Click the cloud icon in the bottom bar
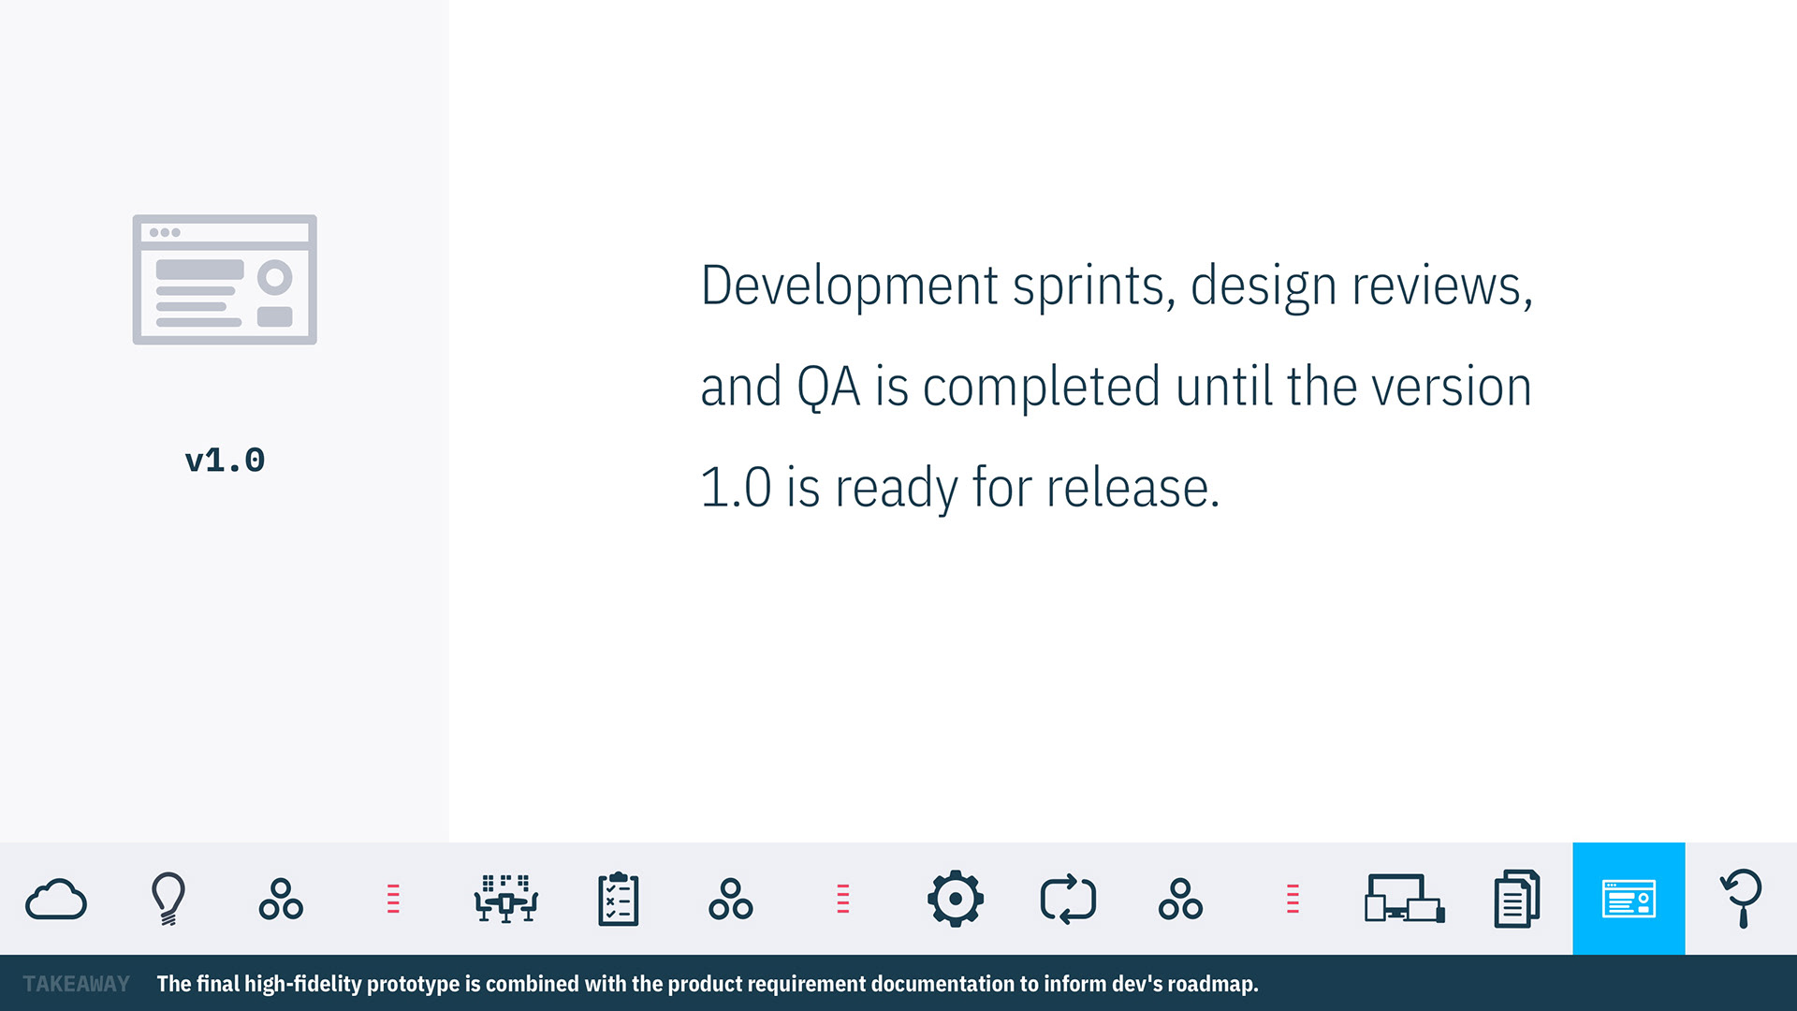point(56,900)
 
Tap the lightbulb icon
point(168,899)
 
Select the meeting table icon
point(505,899)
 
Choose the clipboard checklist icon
point(618,899)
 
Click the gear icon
point(955,899)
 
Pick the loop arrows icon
point(1068,899)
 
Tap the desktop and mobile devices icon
point(1404,899)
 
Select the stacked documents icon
point(1516,899)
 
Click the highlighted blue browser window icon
point(1629,899)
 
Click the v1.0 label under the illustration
point(225,461)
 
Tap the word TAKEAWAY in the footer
point(77,984)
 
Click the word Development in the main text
point(850,286)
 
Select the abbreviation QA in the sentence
point(828,387)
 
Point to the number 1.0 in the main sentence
point(737,488)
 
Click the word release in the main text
point(1133,488)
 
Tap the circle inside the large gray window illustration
point(275,277)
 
